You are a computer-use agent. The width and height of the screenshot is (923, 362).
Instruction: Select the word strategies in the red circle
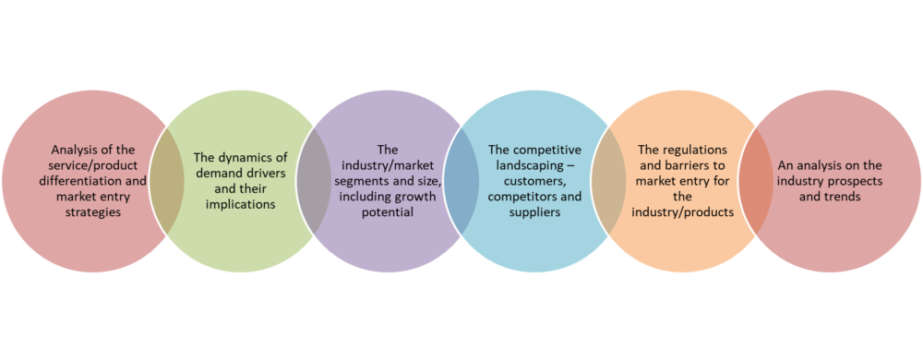tap(93, 212)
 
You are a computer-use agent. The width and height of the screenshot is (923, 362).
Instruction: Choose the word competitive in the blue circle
tap(546, 151)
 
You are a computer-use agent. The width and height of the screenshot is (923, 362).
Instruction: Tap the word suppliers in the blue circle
tap(534, 212)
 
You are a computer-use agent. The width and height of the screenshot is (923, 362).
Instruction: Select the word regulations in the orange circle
tap(692, 151)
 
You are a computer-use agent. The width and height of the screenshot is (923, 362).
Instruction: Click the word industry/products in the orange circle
tap(683, 212)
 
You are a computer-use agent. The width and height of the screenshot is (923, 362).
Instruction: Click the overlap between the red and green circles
tap(166, 181)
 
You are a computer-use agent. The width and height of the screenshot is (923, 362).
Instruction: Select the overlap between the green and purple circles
tap(314, 181)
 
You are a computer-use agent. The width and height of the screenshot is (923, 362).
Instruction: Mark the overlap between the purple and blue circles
tap(461, 181)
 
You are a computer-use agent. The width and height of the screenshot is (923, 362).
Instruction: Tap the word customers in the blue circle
tap(535, 182)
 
